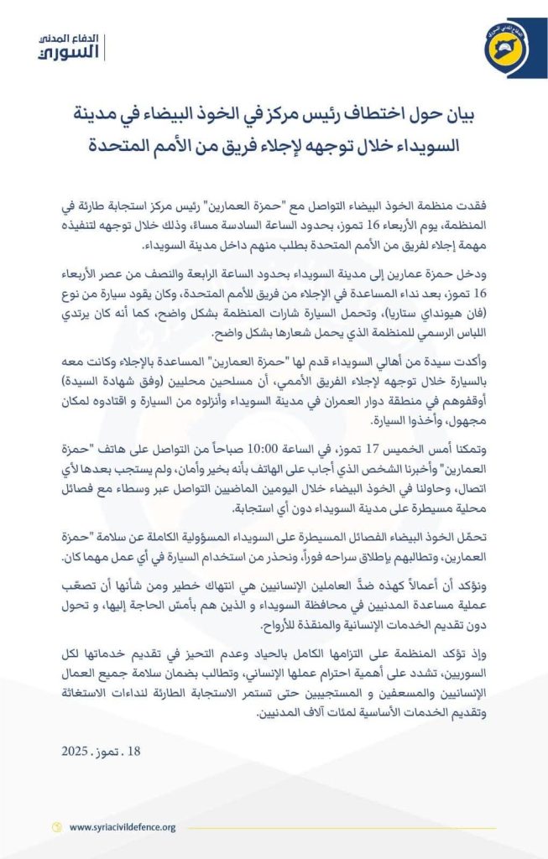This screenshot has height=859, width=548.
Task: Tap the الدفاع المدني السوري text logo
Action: (70, 48)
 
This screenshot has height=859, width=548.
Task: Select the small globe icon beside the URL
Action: (57, 827)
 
